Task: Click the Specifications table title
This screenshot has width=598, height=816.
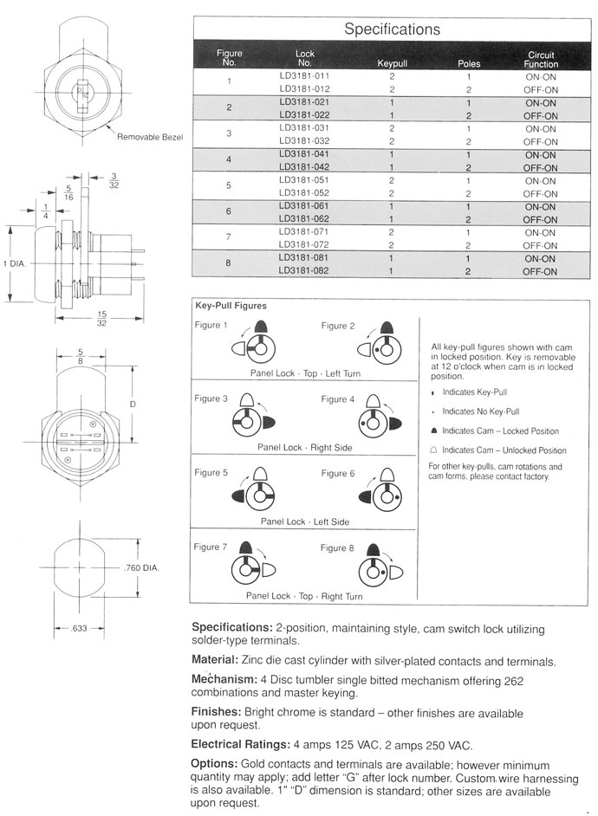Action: pos(392,29)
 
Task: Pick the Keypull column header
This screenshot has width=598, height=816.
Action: pos(392,64)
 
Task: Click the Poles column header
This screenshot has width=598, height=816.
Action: pos(468,64)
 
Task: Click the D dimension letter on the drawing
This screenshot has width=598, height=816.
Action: pos(132,404)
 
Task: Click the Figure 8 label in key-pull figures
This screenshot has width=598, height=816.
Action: pos(338,547)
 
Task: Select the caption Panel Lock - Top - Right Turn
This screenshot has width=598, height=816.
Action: pos(303,596)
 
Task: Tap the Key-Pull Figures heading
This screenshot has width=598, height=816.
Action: pos(231,306)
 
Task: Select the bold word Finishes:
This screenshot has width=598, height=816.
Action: pos(216,713)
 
